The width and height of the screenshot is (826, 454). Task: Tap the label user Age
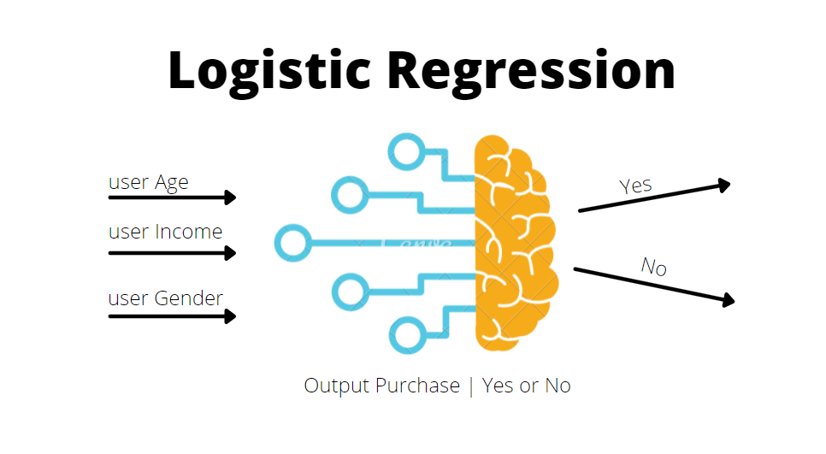(148, 182)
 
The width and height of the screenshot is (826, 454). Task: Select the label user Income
(165, 232)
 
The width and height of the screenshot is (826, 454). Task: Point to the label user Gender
(165, 298)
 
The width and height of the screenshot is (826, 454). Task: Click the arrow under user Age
(171, 198)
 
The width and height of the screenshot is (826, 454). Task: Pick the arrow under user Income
(171, 253)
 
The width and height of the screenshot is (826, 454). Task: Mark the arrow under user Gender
(171, 316)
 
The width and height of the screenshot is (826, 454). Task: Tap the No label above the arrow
(654, 267)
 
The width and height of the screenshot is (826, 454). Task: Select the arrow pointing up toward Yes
(654, 197)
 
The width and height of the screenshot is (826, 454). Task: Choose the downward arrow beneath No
(654, 285)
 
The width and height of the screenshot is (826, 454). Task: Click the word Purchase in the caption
(417, 386)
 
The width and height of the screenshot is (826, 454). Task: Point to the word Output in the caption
(336, 386)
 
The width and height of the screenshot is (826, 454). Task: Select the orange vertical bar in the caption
(471, 386)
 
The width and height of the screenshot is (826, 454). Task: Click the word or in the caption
(529, 386)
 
